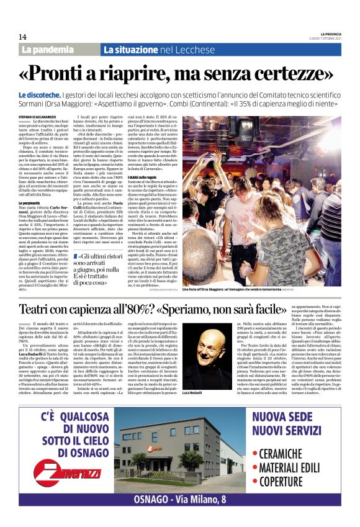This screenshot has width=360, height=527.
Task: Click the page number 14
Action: pos(22,37)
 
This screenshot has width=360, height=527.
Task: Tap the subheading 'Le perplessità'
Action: pos(34,202)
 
